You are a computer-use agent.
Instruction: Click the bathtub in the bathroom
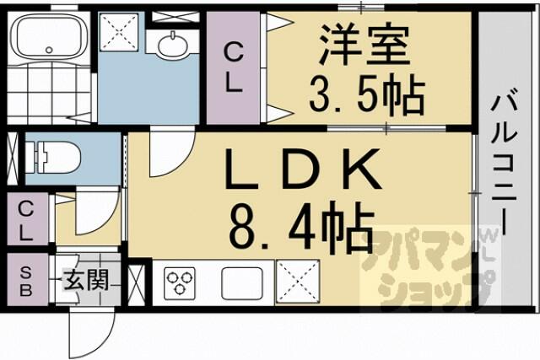coord(49,36)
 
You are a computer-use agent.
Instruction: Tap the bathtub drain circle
coord(49,50)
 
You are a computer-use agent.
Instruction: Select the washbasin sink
coord(173,45)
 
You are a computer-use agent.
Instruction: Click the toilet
coord(52,158)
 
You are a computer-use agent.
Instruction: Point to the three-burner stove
coord(179,282)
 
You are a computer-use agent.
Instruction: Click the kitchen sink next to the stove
coord(242,283)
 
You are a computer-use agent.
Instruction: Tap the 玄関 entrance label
coord(86,279)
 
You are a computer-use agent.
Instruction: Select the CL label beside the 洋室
coord(234,68)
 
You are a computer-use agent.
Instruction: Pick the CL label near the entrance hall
coord(26,220)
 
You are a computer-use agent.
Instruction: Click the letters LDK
coord(303,169)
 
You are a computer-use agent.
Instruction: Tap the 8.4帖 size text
coord(301,225)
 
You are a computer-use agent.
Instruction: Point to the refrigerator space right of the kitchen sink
coord(298,282)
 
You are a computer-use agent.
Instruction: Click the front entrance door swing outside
coord(92,333)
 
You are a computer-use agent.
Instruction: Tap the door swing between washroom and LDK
coord(171,152)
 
